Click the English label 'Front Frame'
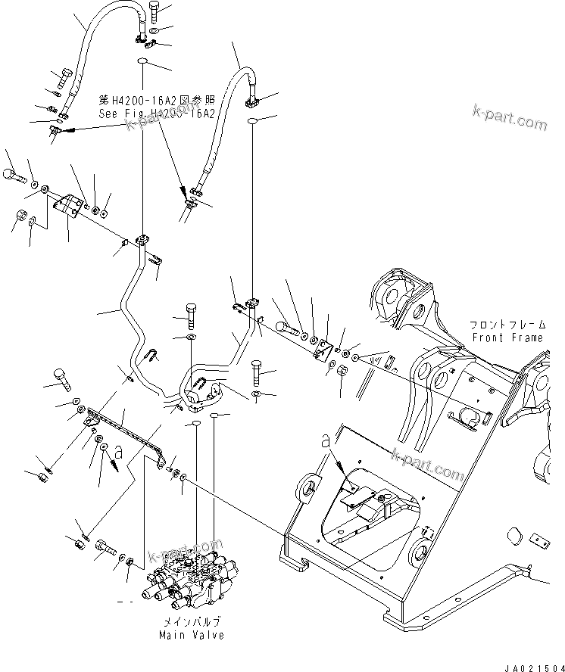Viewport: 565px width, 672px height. (507, 338)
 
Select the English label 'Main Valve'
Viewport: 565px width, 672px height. (192, 635)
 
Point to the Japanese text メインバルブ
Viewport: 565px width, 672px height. (192, 622)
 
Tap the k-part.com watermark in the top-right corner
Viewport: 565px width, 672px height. (507, 120)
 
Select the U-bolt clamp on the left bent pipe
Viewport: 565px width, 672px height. (151, 354)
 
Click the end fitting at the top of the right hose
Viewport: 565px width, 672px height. (252, 98)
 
